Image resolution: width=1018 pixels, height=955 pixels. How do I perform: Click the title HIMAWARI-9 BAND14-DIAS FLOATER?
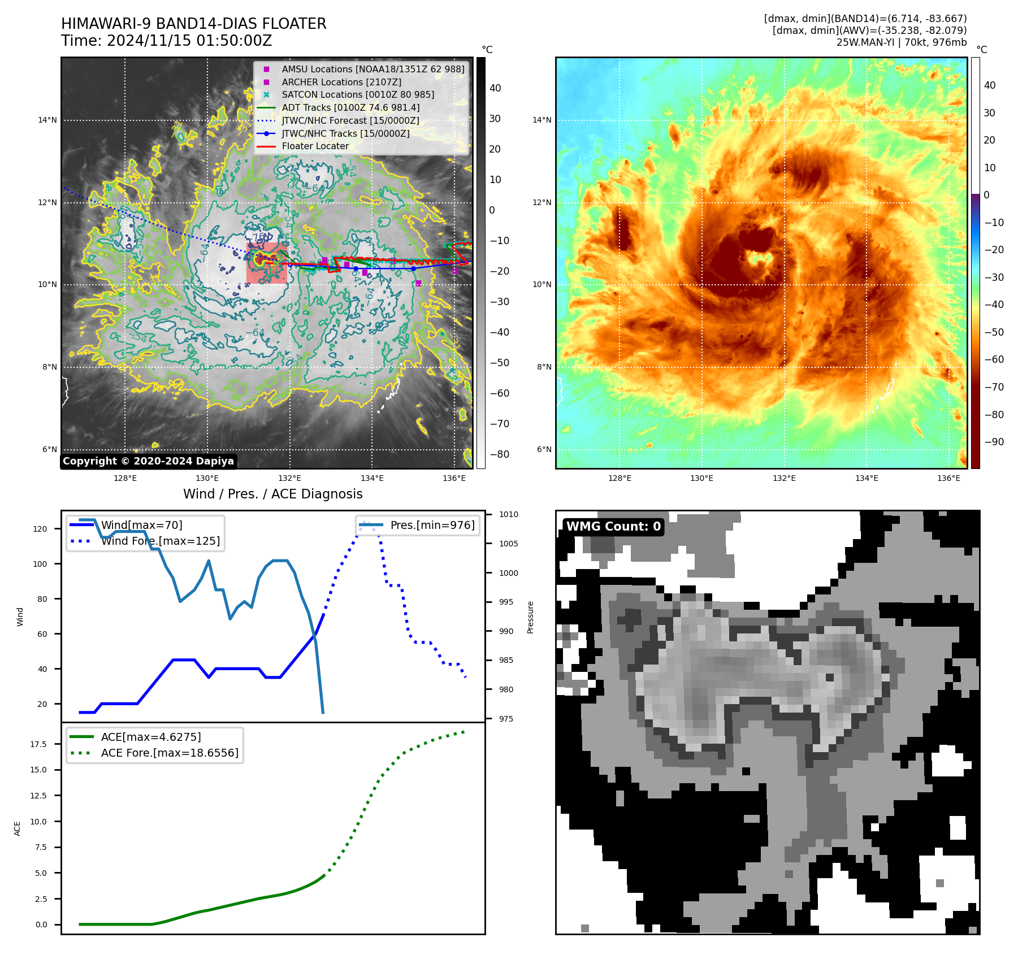(x=193, y=24)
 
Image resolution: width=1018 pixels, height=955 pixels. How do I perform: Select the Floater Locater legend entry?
(x=315, y=146)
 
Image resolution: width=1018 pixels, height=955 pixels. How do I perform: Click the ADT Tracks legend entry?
(x=350, y=107)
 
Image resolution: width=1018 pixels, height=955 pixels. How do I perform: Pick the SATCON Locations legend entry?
(x=358, y=94)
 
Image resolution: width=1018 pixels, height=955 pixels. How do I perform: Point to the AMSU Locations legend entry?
(x=372, y=69)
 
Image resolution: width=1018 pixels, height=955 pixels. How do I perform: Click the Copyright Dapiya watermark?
(x=148, y=461)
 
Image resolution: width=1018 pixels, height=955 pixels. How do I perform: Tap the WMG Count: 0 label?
(x=613, y=527)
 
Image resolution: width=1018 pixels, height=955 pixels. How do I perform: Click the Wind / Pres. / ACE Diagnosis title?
(x=273, y=494)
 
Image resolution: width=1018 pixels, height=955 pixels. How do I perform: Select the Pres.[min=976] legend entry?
(x=432, y=525)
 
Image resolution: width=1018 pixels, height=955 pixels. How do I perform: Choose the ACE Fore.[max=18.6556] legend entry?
(x=170, y=753)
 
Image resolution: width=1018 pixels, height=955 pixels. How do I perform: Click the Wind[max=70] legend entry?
(x=141, y=525)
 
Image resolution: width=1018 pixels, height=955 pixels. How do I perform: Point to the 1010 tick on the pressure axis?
(x=508, y=514)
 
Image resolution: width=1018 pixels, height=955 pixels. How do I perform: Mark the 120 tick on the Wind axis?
(x=40, y=529)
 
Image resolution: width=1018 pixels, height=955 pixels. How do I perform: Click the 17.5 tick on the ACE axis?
(x=38, y=744)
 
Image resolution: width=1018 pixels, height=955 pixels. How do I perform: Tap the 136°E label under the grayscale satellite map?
(x=454, y=478)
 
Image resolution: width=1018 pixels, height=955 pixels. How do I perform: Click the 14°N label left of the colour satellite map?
(x=542, y=120)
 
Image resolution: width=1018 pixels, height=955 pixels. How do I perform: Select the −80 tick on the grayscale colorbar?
(x=499, y=454)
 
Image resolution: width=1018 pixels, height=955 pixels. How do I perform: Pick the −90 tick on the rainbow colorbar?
(x=994, y=442)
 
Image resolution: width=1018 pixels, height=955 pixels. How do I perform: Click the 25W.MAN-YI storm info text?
(x=902, y=42)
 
